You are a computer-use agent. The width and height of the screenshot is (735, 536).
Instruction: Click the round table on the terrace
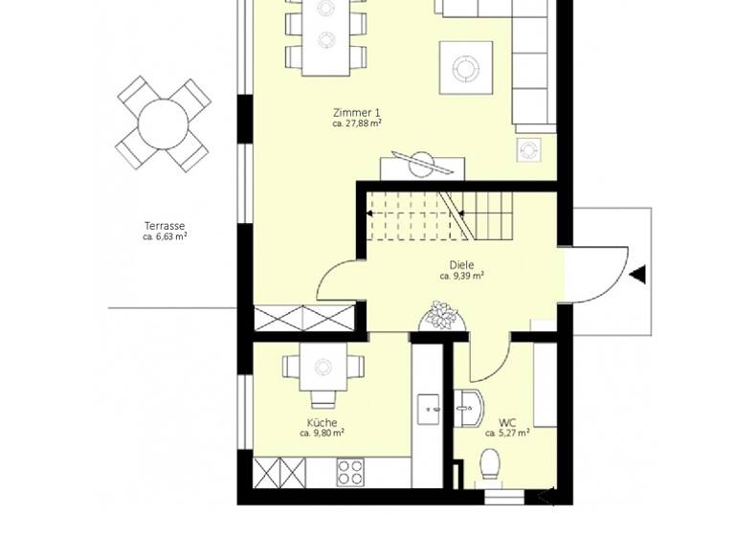coord(164,123)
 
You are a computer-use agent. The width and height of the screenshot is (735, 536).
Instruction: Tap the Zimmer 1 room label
coord(357,112)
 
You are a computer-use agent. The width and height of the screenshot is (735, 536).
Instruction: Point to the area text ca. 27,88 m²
coord(357,123)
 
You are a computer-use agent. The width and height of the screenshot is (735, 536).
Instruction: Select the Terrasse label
coord(164,226)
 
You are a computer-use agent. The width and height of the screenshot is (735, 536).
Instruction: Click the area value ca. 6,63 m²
coord(164,236)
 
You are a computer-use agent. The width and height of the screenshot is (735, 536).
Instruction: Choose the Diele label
coord(461,265)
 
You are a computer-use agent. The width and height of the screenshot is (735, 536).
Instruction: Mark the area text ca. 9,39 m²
coord(461,276)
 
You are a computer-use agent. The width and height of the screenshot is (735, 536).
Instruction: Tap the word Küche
coord(322,422)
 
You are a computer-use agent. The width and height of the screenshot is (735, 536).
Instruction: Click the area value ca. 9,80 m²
coord(322,433)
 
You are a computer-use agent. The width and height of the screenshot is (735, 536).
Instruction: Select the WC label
coord(506,422)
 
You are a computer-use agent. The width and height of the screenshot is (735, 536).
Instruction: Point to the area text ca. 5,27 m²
coord(508,433)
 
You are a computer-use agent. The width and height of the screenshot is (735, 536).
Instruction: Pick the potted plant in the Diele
coord(442,316)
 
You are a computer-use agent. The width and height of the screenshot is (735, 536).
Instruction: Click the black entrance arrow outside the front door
coord(637,276)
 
